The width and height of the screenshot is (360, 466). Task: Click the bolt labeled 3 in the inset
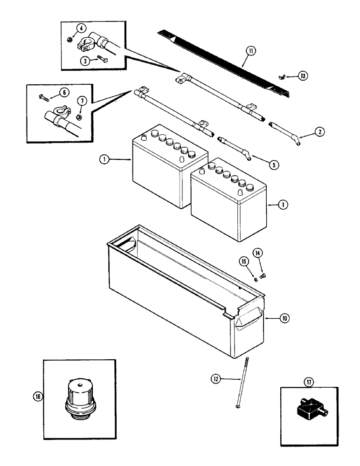103,59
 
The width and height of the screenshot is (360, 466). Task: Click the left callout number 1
104,159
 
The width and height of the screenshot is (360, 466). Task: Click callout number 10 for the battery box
284,318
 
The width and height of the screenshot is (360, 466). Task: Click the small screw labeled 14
262,277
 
